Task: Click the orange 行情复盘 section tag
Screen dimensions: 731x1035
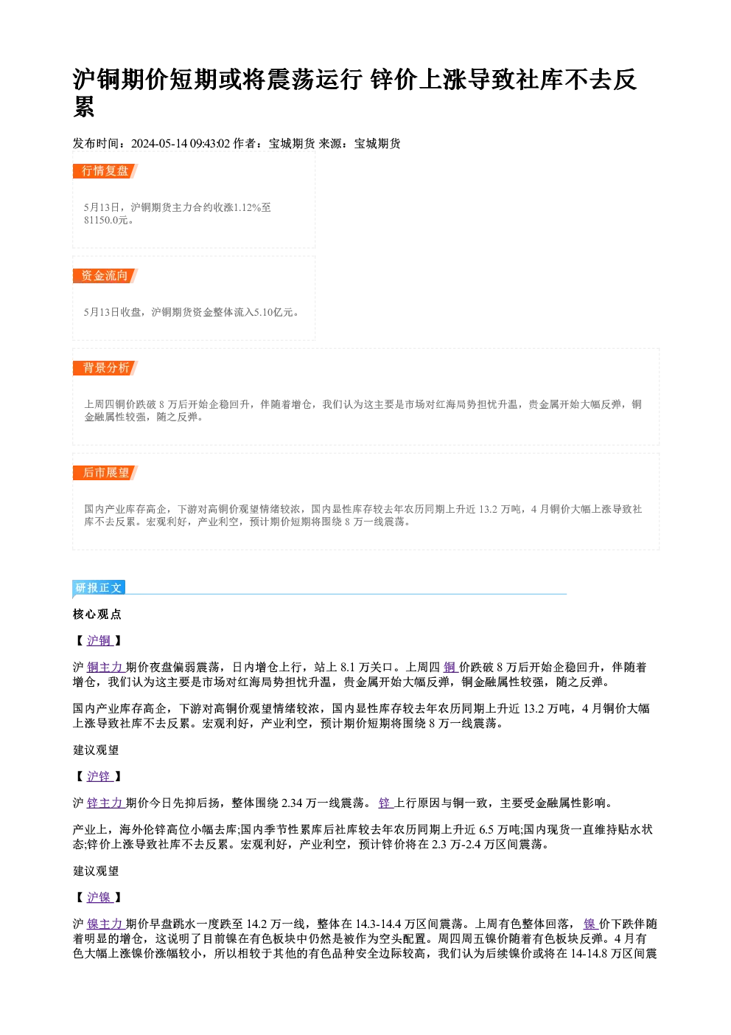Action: (x=105, y=171)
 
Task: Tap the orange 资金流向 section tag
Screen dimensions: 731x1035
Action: (x=105, y=276)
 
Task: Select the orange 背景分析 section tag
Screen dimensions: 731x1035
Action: (x=105, y=368)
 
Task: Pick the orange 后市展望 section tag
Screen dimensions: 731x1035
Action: (x=105, y=473)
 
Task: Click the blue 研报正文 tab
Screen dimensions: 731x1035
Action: (x=99, y=587)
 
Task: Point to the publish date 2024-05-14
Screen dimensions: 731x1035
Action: (x=159, y=144)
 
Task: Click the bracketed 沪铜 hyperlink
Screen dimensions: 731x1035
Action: (x=99, y=640)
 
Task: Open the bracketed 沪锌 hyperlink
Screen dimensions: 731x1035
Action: (x=99, y=776)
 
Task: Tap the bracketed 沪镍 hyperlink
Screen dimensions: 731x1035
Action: (x=99, y=897)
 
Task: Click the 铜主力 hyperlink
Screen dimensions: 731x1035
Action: (x=105, y=667)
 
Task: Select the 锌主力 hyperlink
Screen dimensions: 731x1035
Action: (x=105, y=803)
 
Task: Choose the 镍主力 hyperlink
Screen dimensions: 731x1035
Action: (x=105, y=924)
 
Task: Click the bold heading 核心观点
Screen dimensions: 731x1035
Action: (x=97, y=614)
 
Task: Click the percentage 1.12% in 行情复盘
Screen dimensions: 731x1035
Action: (x=248, y=207)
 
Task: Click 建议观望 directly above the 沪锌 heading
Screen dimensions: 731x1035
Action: (x=96, y=750)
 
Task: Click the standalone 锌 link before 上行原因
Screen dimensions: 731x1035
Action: (x=385, y=803)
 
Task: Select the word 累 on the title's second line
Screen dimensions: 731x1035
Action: (x=84, y=107)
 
